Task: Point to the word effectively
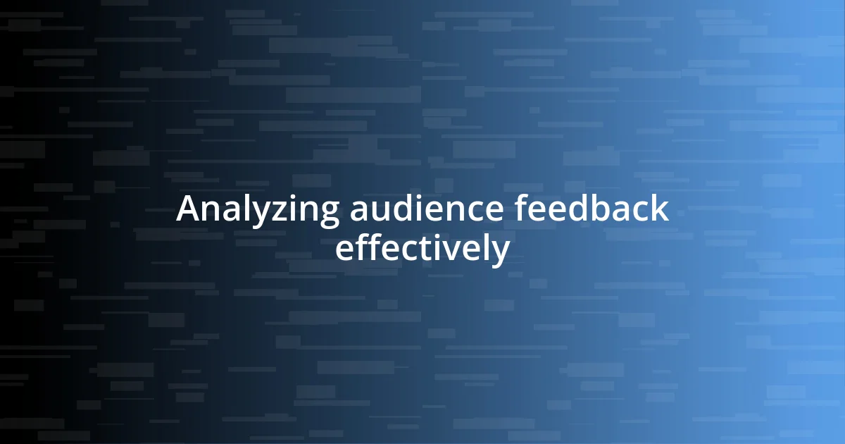pos(422,249)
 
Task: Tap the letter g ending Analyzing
pos(327,214)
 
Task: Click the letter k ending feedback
pos(661,209)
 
